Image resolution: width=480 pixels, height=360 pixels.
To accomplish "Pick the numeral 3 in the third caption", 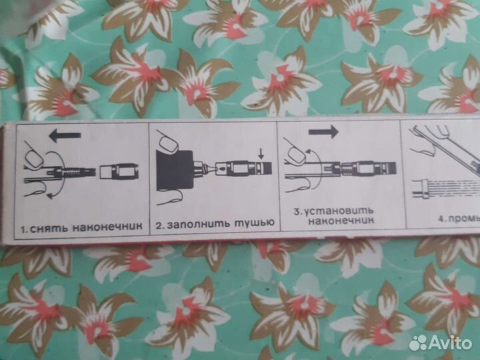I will click(x=298, y=212).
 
